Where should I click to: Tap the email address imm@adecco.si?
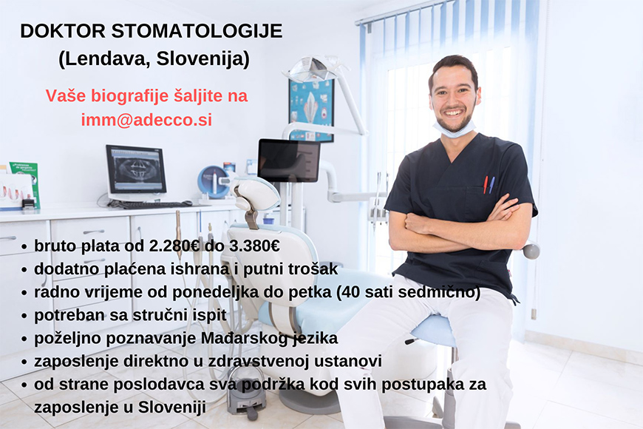146,120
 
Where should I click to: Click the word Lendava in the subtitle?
107,59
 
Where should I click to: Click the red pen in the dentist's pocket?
486,185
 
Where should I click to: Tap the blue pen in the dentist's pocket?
491,185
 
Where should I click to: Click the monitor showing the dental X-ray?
136,170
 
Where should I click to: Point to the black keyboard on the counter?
150,204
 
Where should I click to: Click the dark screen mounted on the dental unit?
289,160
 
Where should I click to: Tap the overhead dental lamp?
311,69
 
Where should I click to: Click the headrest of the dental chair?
254,193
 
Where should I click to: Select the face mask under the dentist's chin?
455,129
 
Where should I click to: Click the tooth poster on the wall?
312,109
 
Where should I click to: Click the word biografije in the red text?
129,96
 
